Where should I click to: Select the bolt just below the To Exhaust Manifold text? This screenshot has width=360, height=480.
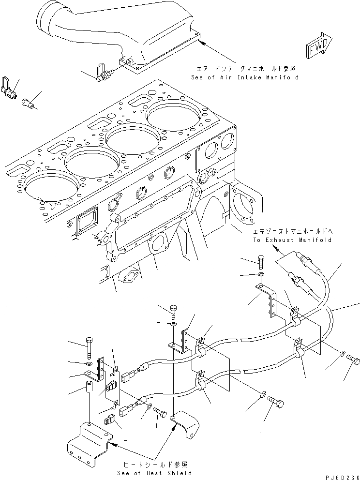[x=262, y=262]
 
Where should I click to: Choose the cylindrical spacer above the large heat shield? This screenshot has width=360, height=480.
[x=89, y=388]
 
